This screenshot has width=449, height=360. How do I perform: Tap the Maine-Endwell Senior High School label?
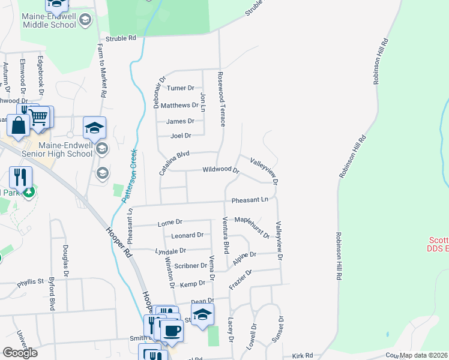pyautogui.click(x=65, y=149)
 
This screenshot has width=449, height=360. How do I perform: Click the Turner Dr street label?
pyautogui.click(x=181, y=88)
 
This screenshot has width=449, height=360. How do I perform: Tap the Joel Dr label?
pyautogui.click(x=181, y=136)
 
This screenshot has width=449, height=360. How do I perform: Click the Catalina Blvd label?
pyautogui.click(x=174, y=163)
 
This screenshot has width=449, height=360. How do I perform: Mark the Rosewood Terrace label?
pyautogui.click(x=221, y=99)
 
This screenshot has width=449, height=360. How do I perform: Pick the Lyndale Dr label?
pyautogui.click(x=170, y=251)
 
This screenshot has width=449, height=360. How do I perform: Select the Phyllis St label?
pyautogui.click(x=31, y=281)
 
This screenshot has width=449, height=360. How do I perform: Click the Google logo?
pyautogui.click(x=20, y=353)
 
